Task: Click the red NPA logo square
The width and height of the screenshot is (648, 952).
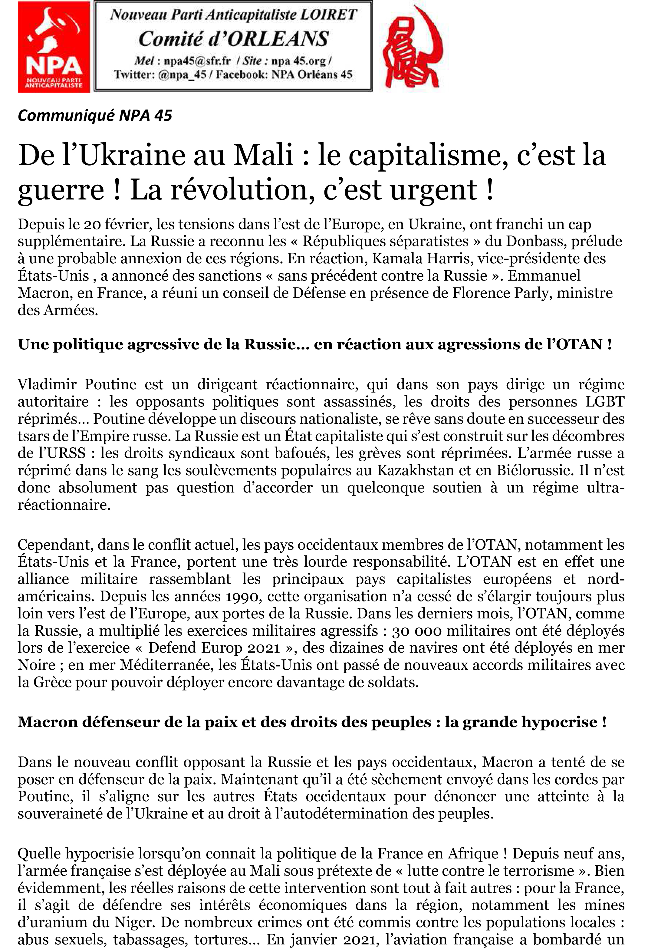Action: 54,47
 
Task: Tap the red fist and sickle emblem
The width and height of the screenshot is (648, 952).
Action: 411,47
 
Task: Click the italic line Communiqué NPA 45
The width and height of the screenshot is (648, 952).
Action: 95,116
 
